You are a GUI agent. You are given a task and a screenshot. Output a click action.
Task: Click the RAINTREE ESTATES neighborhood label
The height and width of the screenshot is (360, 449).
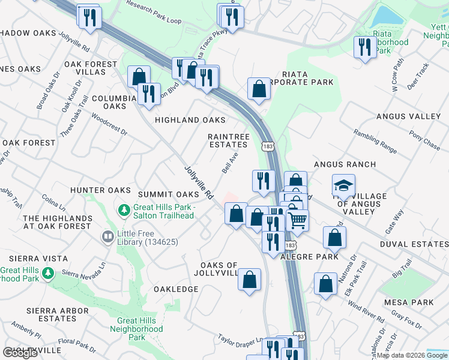pos(228,140)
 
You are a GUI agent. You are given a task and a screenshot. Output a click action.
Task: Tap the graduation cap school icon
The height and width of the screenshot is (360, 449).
pos(343,186)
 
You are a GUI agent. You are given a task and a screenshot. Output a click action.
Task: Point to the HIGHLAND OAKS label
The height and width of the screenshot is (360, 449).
pos(190,120)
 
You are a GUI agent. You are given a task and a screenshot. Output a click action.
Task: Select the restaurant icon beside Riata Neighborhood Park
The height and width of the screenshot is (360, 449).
pos(365,47)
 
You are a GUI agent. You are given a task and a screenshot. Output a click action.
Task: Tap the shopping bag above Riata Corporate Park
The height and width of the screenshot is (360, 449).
pos(259,89)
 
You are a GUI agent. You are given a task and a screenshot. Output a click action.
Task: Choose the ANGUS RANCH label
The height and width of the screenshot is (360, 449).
pos(345,164)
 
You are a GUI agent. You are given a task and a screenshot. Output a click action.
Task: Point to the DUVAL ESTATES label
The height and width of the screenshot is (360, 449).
pos(414,245)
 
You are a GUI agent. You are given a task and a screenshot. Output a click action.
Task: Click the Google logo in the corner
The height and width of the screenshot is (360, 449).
pos(20,353)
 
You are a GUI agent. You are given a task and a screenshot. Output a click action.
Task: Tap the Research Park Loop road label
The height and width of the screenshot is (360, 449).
pos(154,11)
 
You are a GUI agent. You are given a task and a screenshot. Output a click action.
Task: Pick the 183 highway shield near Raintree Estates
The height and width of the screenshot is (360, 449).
pos(267,146)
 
